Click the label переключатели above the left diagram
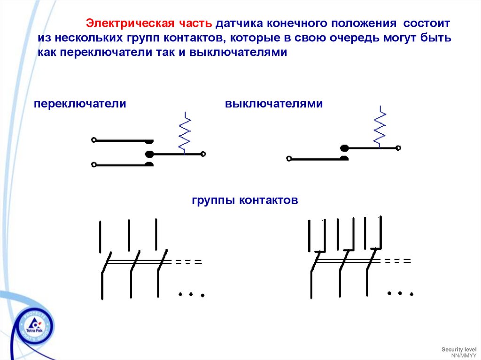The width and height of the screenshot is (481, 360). point(80,104)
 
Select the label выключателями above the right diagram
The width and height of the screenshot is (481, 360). point(274,104)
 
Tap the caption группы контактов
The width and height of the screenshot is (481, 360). point(245,200)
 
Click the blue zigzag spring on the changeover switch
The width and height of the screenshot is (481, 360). point(185,133)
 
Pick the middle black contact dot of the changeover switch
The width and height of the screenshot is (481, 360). point(150,153)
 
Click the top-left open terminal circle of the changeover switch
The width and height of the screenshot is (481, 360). point(94,140)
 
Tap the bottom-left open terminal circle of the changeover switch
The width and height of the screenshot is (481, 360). point(94,165)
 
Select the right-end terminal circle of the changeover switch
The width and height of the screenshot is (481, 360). point(203,153)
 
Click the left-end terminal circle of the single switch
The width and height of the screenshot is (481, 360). point(288,159)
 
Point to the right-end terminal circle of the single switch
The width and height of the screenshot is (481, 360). point(398,148)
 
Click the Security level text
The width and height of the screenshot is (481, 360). point(459,350)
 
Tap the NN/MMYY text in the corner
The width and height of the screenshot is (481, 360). point(464,355)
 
